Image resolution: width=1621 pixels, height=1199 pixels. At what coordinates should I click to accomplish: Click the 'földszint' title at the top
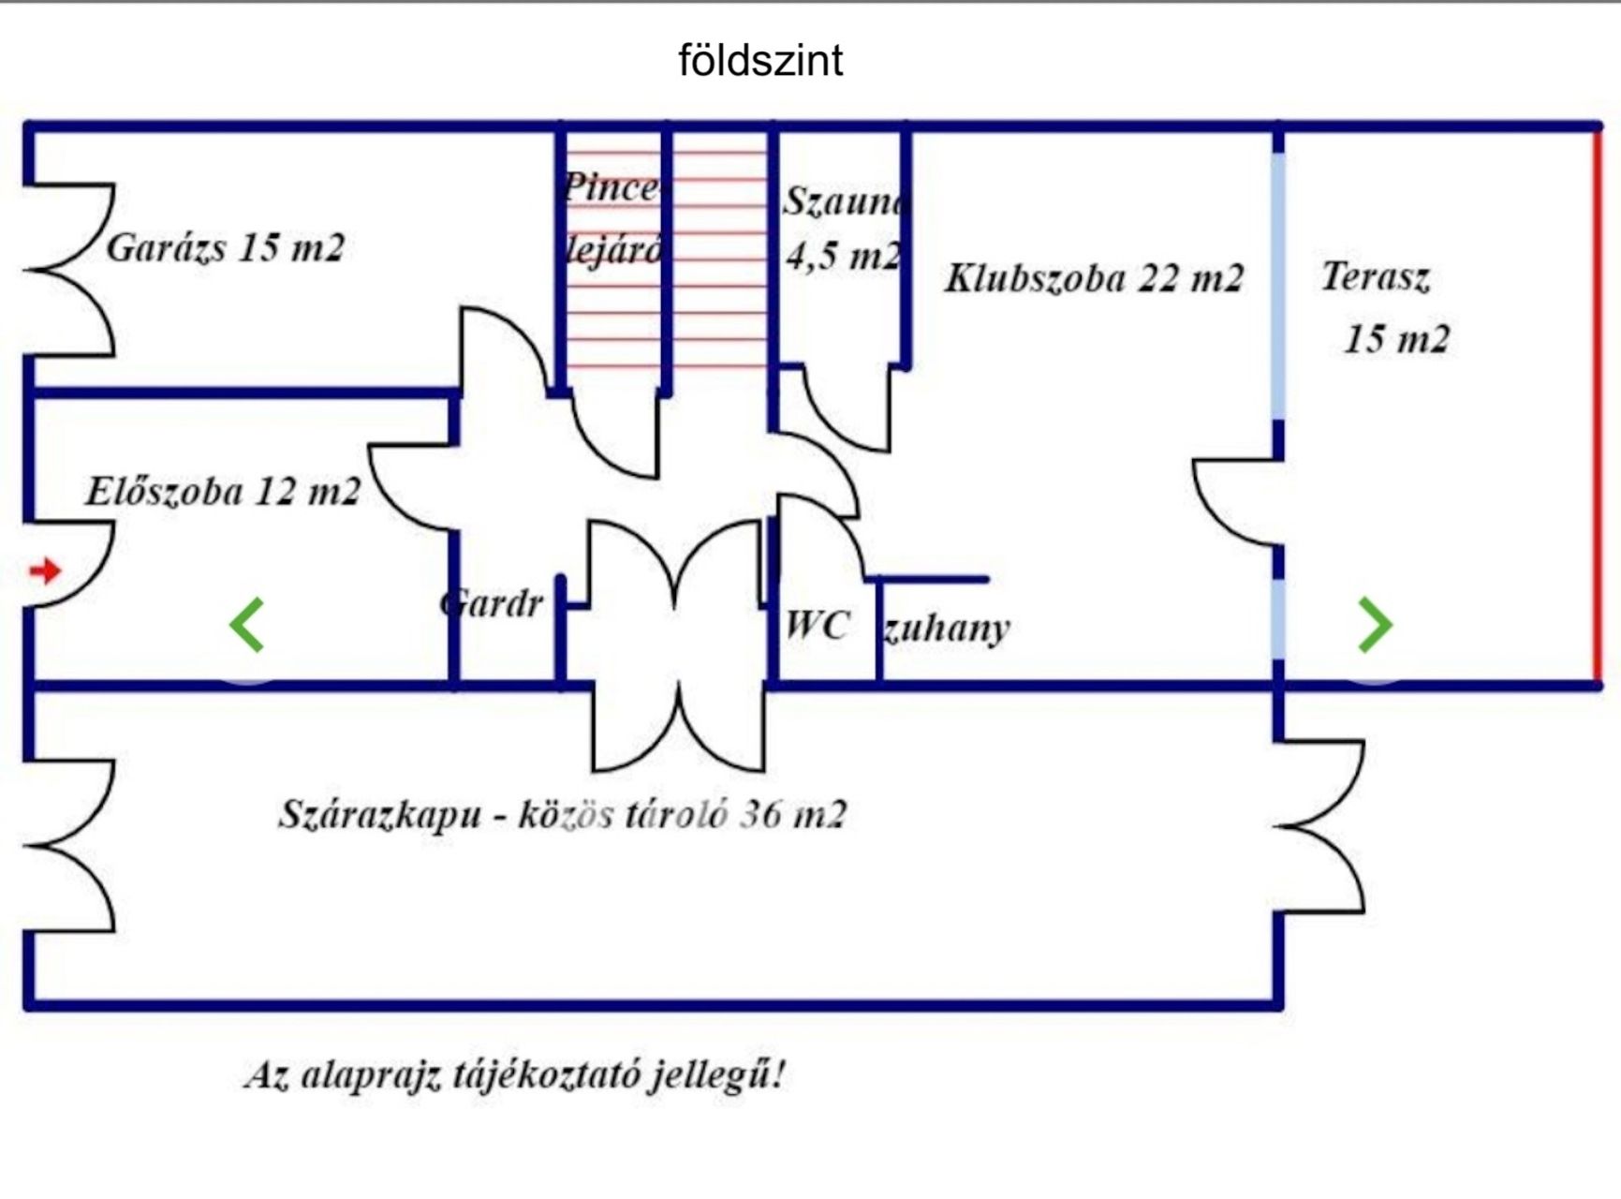coord(760,61)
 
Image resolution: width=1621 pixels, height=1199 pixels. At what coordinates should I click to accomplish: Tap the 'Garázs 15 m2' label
coord(225,248)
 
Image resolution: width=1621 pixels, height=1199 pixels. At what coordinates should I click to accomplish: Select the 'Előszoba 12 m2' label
coord(223,492)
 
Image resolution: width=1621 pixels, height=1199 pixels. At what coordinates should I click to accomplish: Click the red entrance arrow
coord(45,570)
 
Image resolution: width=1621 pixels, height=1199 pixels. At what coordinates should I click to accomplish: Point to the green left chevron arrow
coord(247,625)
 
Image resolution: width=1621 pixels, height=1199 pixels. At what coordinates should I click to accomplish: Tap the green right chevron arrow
coord(1375,625)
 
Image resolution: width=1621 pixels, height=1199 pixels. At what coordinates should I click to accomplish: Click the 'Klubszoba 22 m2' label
coord(1094,278)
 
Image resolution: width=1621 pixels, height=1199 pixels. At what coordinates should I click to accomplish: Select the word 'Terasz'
coord(1375,276)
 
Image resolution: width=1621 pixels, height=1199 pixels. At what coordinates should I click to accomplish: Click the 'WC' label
coord(818,625)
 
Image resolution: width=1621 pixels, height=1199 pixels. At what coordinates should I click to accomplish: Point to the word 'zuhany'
coord(946,629)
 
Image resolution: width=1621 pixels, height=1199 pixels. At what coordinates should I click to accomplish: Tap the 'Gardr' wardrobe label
coord(492,604)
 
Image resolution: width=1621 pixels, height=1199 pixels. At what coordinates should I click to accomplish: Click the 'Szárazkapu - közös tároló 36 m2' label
coord(562,814)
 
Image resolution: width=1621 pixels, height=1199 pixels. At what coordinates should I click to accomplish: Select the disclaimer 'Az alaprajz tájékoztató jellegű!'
coord(514,1073)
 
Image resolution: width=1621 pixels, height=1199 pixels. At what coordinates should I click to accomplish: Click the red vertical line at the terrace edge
coord(1598,403)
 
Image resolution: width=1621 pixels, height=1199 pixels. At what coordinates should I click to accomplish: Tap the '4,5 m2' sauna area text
coord(844,255)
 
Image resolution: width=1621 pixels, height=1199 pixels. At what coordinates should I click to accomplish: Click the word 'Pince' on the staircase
coord(611,187)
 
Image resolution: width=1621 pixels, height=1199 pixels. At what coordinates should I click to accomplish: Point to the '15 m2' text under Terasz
coord(1396,338)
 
